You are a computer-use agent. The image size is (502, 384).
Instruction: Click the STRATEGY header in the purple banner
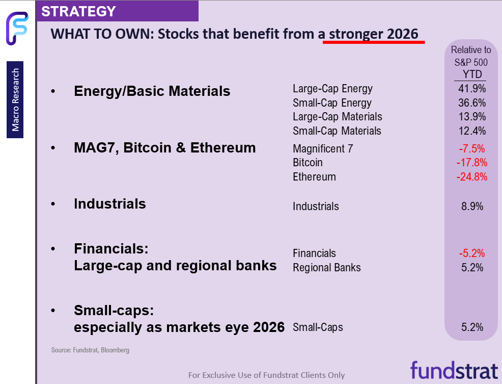coord(78,11)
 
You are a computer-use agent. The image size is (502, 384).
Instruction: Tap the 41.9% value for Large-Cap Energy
coord(471,89)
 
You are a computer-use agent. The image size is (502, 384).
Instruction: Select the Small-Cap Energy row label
coord(332,103)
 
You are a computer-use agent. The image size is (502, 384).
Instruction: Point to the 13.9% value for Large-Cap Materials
coord(471,117)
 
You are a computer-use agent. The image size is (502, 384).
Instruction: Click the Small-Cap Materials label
coord(337,131)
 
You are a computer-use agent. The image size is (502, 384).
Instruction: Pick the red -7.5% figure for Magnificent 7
coord(471,149)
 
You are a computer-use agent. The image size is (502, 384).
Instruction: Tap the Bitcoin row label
coord(308,163)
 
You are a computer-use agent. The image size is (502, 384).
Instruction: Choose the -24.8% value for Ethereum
coord(471,177)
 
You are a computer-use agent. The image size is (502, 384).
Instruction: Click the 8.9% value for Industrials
coord(471,207)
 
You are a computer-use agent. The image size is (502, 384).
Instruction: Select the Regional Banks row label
coord(326,268)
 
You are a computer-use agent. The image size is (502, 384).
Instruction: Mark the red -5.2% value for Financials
coord(471,253)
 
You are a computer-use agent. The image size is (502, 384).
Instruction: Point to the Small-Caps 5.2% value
coord(471,327)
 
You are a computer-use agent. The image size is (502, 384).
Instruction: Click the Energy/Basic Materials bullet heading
coord(152,91)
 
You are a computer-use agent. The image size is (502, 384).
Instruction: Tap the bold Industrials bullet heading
coord(109,204)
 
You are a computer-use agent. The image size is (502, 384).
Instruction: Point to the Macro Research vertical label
coord(16,100)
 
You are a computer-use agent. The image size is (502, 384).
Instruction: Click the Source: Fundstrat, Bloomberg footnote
coord(90,350)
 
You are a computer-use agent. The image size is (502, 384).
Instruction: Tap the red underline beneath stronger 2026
coord(374,42)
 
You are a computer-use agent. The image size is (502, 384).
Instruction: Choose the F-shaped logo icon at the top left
coord(16,29)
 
